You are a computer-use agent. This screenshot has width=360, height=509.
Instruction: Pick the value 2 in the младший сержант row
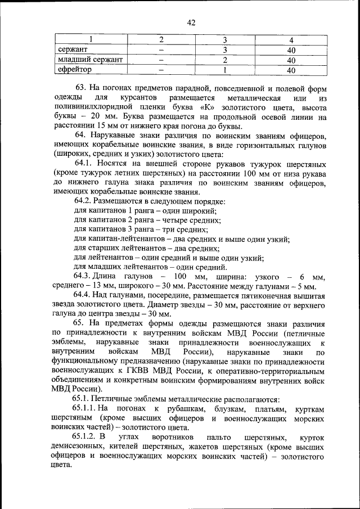click(x=225, y=60)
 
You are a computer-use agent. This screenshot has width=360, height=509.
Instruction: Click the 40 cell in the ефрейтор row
click(x=291, y=70)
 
